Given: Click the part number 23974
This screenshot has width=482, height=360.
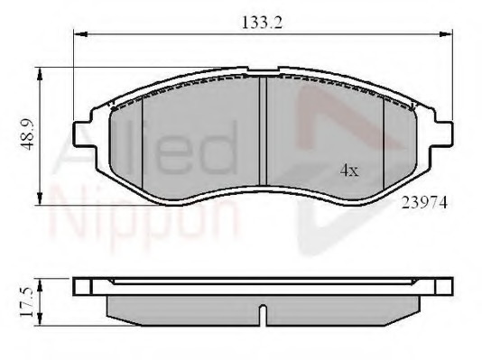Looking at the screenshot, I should [423, 203].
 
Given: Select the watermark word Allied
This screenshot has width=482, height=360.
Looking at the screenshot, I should [144, 149].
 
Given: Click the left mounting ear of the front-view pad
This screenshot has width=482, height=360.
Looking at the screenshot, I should [85, 126].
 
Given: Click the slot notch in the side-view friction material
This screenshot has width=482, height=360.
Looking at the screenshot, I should [261, 315].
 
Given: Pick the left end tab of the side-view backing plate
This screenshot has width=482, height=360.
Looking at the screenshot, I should [83, 286].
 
